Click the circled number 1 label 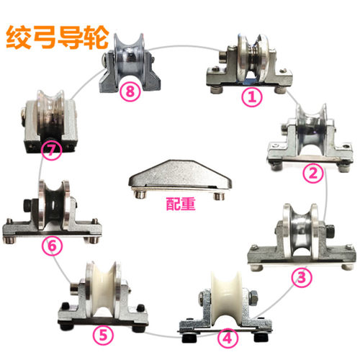252,97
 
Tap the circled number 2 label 312,173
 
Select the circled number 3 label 302,277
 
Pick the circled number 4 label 228,338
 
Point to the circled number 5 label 103,335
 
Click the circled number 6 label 52,246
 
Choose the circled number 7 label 51,150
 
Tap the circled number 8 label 130,91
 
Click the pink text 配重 181,204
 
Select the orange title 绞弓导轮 58,37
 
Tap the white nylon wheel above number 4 227,297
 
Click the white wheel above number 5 104,287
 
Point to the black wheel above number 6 54,204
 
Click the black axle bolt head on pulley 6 28,206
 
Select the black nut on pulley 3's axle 330,231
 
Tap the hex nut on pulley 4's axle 253,297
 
